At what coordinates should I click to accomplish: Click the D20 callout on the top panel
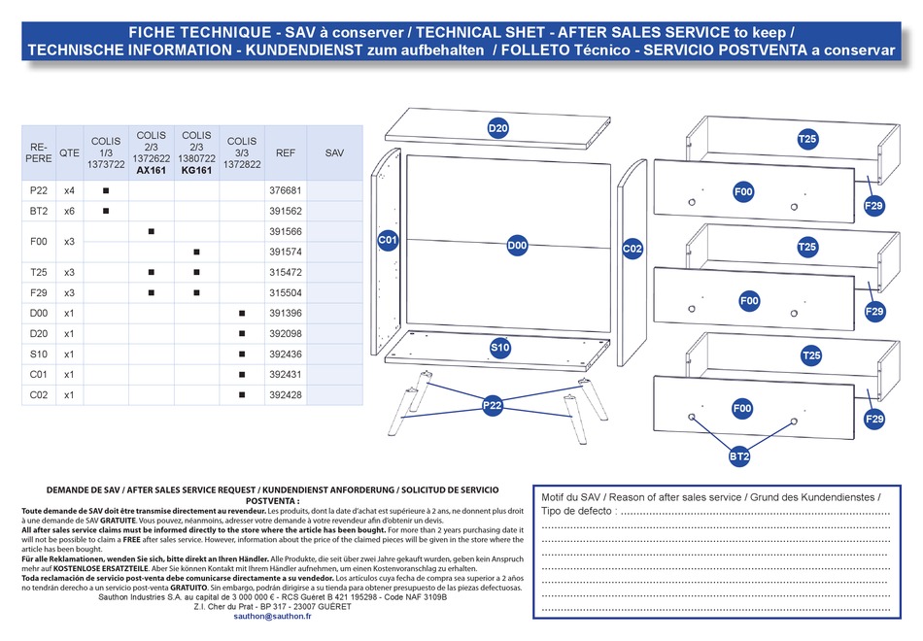tap(497, 128)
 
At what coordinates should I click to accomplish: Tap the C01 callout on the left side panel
tap(389, 239)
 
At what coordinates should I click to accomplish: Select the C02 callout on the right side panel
tap(632, 248)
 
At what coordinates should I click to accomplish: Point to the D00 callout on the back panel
tap(517, 247)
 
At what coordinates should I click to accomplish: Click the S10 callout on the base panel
tap(499, 347)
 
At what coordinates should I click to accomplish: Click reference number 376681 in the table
tap(286, 190)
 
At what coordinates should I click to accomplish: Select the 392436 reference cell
tap(286, 354)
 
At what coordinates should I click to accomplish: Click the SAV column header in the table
tap(334, 152)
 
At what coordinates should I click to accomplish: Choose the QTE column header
tap(69, 152)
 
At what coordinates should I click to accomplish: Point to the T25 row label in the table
tap(39, 272)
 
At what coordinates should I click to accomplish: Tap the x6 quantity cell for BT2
tap(69, 211)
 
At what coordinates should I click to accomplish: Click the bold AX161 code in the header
tap(152, 170)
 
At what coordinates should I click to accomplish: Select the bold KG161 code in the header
tap(196, 170)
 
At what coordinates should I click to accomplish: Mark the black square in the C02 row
tap(242, 395)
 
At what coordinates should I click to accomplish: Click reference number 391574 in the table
tap(286, 252)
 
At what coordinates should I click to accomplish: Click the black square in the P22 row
tap(106, 190)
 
